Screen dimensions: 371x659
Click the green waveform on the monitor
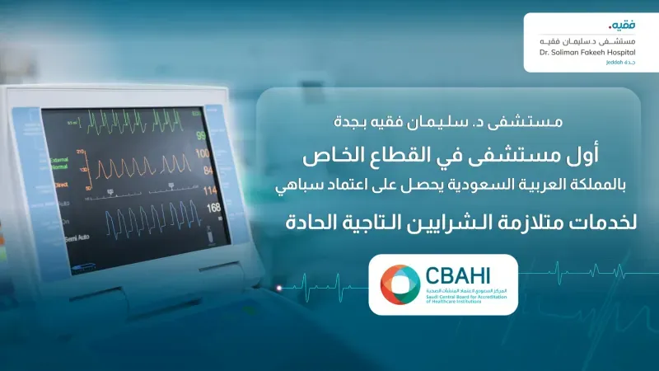click(132, 127)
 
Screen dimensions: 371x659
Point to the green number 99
click(200, 136)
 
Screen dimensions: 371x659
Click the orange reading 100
click(201, 154)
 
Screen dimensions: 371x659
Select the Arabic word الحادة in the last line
click(319, 221)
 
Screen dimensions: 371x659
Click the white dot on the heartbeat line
click(280, 287)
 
